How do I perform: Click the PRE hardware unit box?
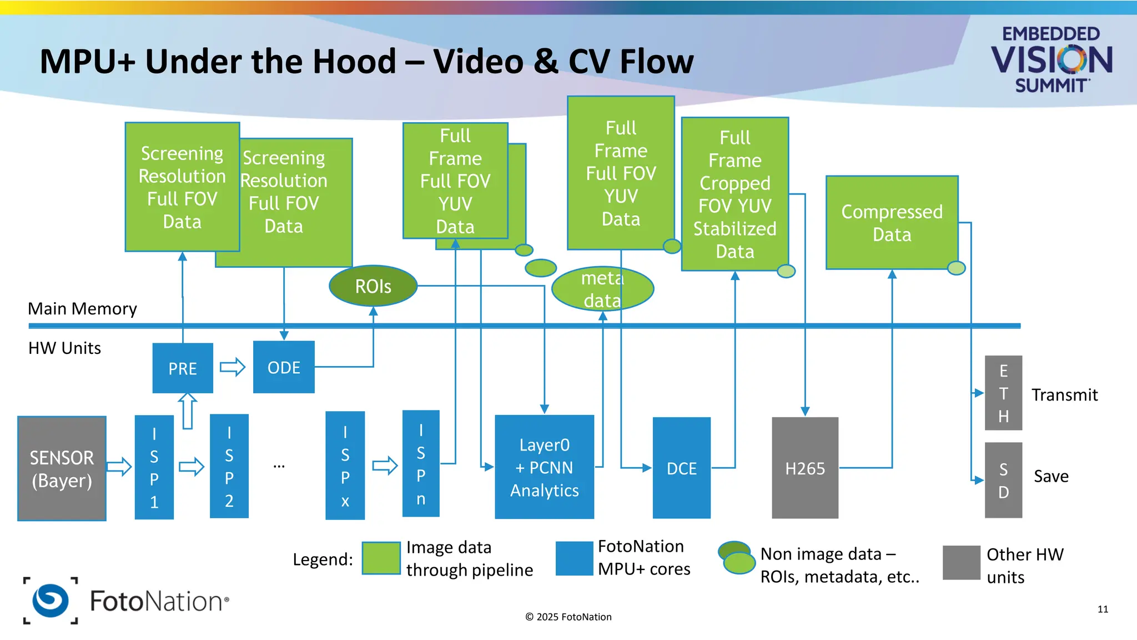click(183, 368)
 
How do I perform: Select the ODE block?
click(284, 367)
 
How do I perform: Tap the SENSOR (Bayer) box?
click(62, 468)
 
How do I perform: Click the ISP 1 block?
click(154, 467)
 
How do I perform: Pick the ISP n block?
click(421, 464)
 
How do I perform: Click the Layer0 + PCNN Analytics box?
click(544, 467)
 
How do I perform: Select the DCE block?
click(681, 468)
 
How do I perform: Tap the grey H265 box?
click(804, 468)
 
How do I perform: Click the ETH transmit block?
click(1003, 393)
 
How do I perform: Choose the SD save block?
click(1003, 480)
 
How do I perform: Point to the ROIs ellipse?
click(373, 286)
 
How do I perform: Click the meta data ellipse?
click(602, 289)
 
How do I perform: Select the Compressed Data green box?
click(892, 223)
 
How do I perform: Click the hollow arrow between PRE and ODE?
click(233, 367)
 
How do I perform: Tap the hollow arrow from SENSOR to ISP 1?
click(119, 466)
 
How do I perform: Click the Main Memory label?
click(82, 308)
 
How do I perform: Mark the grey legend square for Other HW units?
click(961, 563)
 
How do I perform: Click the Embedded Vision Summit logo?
click(1051, 59)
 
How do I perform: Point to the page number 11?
click(1103, 609)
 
